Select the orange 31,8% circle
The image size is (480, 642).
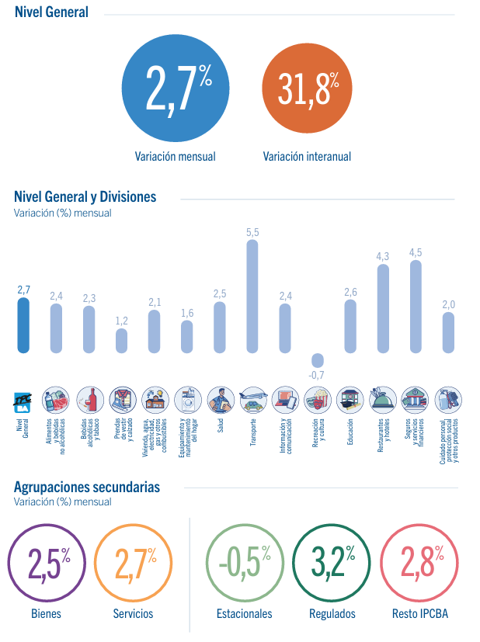[x=306, y=88]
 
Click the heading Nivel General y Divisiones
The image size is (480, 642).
[x=85, y=197]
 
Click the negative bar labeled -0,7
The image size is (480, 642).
[x=317, y=360]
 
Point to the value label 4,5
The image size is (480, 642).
[x=416, y=252]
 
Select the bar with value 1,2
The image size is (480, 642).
[x=121, y=340]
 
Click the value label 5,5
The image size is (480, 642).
[x=252, y=232]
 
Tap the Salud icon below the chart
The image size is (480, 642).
[x=220, y=399]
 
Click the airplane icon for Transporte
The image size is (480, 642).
[x=252, y=399]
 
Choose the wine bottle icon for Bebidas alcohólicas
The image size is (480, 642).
[x=89, y=399]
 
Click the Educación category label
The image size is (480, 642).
[x=350, y=429]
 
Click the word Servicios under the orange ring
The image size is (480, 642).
[x=133, y=613]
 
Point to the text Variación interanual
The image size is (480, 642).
[x=307, y=156]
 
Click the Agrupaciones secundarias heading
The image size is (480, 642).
[x=87, y=488]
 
